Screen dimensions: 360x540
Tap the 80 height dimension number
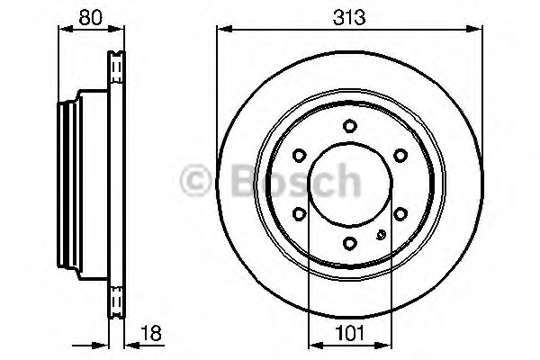[87, 14]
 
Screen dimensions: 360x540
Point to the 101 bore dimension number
[350, 332]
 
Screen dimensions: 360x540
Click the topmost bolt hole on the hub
[349, 125]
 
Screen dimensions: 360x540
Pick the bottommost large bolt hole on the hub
[349, 242]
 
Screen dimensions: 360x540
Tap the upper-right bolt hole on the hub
[400, 155]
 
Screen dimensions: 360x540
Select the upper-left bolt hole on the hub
[298, 155]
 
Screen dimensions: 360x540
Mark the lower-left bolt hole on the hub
[298, 213]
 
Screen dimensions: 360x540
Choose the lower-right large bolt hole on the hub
[400, 213]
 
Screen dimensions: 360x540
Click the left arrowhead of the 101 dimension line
[313, 345]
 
